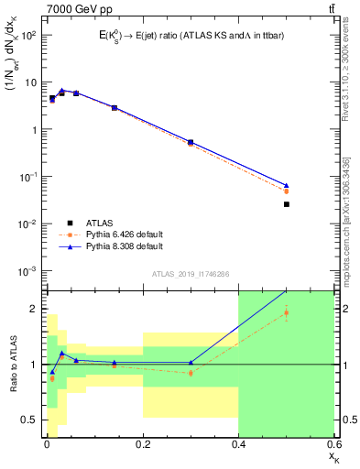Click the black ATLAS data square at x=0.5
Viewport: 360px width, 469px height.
click(x=286, y=204)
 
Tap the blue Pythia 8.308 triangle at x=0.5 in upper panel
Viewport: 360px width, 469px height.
click(x=286, y=185)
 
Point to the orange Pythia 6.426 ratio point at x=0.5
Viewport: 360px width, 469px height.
click(x=286, y=312)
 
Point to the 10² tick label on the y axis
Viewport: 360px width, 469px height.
click(x=29, y=35)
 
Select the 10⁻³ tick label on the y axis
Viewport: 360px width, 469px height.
click(x=28, y=271)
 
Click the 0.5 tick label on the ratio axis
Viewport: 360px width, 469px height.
click(x=30, y=420)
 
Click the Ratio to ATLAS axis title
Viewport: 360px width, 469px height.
click(x=12, y=363)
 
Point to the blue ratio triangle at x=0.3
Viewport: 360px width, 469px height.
click(x=191, y=362)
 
